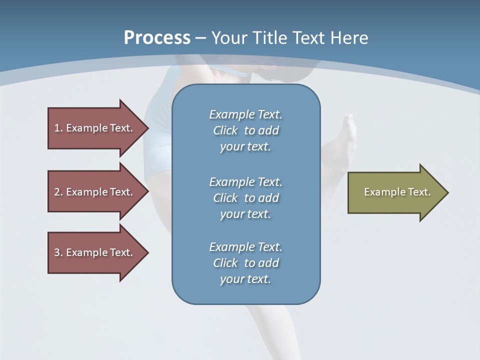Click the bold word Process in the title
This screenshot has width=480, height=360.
tap(157, 38)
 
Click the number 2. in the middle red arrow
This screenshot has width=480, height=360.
tap(58, 192)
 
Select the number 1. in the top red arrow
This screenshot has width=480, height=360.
tap(58, 128)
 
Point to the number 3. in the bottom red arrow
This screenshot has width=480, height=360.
tap(58, 252)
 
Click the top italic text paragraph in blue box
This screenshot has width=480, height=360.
tap(245, 130)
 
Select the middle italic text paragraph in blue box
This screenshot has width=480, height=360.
tap(245, 198)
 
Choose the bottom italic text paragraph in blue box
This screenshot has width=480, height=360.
tap(245, 263)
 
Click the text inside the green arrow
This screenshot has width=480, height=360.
tap(397, 192)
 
